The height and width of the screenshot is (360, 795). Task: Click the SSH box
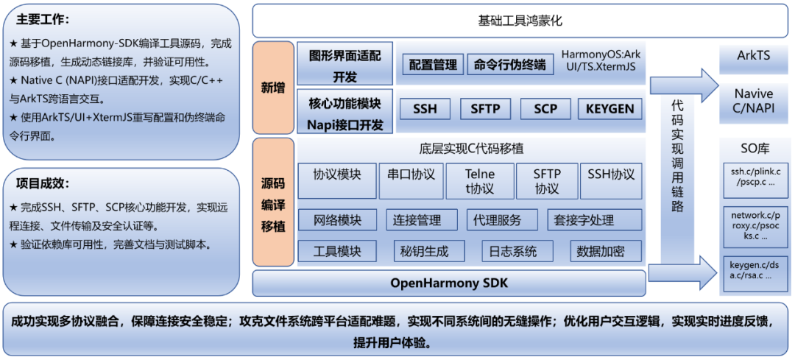(425, 109)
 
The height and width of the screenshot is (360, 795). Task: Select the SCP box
(545, 109)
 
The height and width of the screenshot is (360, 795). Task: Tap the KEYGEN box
(609, 109)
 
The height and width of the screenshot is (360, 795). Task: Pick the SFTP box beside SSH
(485, 109)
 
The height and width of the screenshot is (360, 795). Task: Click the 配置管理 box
(433, 65)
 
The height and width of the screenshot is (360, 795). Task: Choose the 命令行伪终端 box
(510, 65)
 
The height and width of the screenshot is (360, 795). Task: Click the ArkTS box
(753, 56)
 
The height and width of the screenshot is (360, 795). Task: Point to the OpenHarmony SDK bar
(448, 283)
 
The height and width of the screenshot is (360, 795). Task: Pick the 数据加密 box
(600, 251)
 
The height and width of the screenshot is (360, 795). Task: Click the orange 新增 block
(272, 88)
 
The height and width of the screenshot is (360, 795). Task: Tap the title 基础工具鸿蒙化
(520, 21)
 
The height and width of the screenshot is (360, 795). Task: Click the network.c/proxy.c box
(753, 225)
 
